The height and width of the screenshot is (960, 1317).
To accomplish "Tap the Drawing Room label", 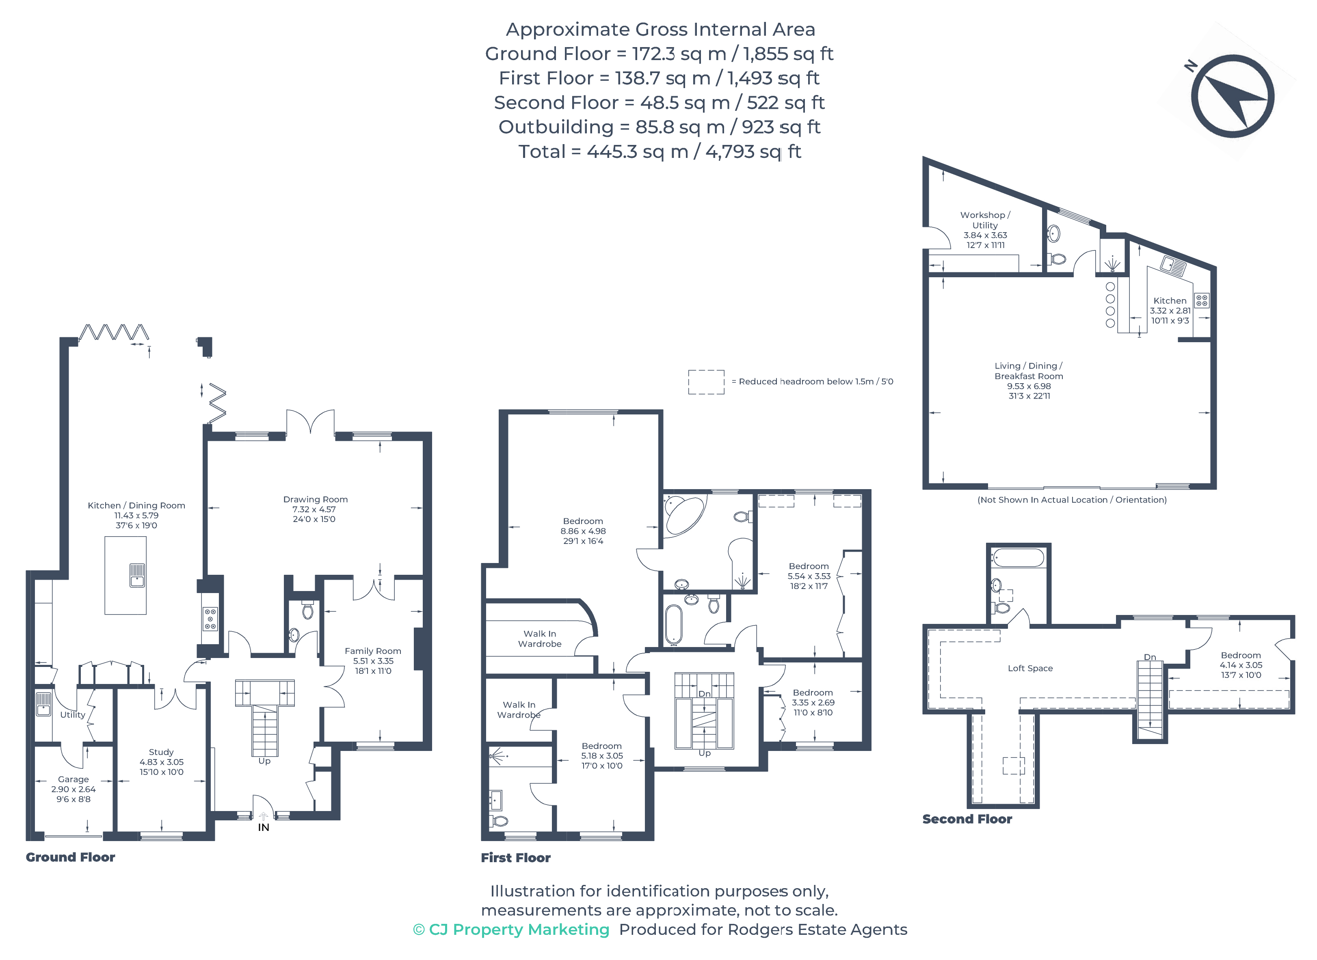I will click(x=315, y=499).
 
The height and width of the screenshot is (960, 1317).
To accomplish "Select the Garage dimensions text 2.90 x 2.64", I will click(x=73, y=789).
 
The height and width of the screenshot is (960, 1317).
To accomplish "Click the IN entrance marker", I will click(x=264, y=827).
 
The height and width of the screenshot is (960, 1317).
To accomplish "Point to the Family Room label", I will click(x=373, y=651).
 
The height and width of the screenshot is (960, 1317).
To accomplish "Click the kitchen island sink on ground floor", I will click(x=137, y=575).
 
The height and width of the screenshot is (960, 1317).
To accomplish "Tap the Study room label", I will click(x=161, y=752).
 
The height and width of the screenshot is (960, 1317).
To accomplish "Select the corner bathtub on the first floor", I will click(x=684, y=515).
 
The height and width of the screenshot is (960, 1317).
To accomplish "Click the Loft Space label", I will click(x=1030, y=668).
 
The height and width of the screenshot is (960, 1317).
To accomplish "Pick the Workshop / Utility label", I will click(x=985, y=220).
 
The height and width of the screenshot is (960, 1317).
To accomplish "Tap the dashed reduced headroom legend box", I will click(x=706, y=382).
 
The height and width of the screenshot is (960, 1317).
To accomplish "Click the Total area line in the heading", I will click(x=660, y=152).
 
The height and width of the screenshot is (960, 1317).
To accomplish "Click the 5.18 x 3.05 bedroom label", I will click(x=602, y=755).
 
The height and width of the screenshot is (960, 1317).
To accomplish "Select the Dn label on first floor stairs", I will click(x=704, y=694).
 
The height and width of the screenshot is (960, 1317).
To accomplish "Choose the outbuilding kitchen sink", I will click(x=1173, y=265).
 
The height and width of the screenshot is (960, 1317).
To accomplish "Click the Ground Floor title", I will click(x=70, y=857).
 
